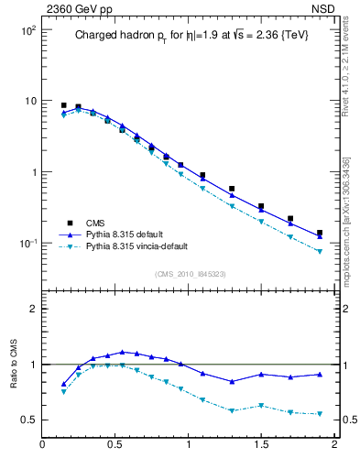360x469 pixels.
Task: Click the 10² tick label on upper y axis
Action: [27, 30]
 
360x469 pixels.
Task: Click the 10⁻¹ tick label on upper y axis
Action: [27, 244]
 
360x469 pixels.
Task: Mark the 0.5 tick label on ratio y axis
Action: [27, 420]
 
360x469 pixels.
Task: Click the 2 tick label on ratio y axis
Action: [32, 309]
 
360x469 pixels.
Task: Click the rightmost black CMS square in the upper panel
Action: [320, 233]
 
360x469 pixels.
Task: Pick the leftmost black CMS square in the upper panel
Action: [63, 105]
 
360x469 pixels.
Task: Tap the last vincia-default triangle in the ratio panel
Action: [320, 414]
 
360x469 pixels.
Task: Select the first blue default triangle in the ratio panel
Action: [63, 384]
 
